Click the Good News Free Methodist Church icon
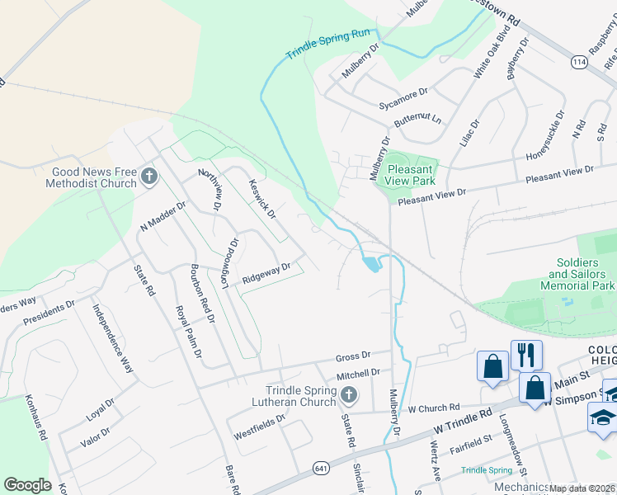tap(149, 175)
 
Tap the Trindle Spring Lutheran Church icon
tap(349, 396)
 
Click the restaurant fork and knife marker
tap(526, 356)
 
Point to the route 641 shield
tap(318, 468)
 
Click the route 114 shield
tap(577, 61)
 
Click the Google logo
tap(27, 485)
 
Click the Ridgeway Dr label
tap(266, 273)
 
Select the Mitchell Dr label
tap(358, 374)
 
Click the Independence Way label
tap(113, 339)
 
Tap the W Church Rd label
tap(433, 408)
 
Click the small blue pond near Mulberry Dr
tap(370, 263)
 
